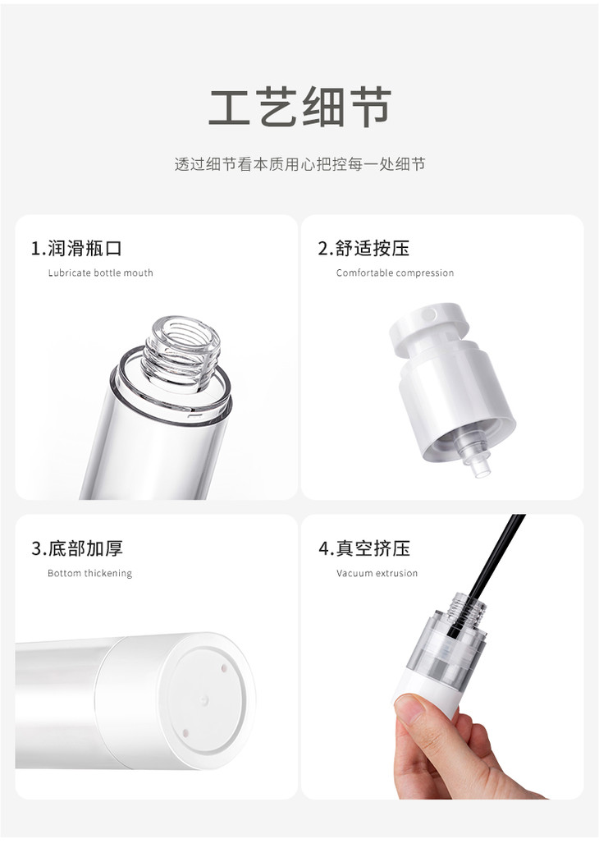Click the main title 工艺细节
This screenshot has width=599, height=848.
coord(300,107)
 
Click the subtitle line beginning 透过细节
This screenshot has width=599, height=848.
coord(299,164)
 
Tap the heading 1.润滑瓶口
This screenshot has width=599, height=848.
coord(77,248)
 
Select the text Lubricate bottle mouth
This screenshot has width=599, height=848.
coord(101,273)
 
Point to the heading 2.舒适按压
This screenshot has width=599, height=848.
coord(364,248)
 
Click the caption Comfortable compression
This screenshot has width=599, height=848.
coord(396,273)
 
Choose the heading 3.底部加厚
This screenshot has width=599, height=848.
coord(77,548)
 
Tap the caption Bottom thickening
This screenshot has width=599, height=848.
coord(89,573)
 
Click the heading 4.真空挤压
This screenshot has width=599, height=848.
coord(364,548)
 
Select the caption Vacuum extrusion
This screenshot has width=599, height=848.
coord(377,573)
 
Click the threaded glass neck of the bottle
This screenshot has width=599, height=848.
coord(181,354)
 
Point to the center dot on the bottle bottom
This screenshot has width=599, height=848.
coord(204,699)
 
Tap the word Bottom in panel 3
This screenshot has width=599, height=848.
coord(64,573)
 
